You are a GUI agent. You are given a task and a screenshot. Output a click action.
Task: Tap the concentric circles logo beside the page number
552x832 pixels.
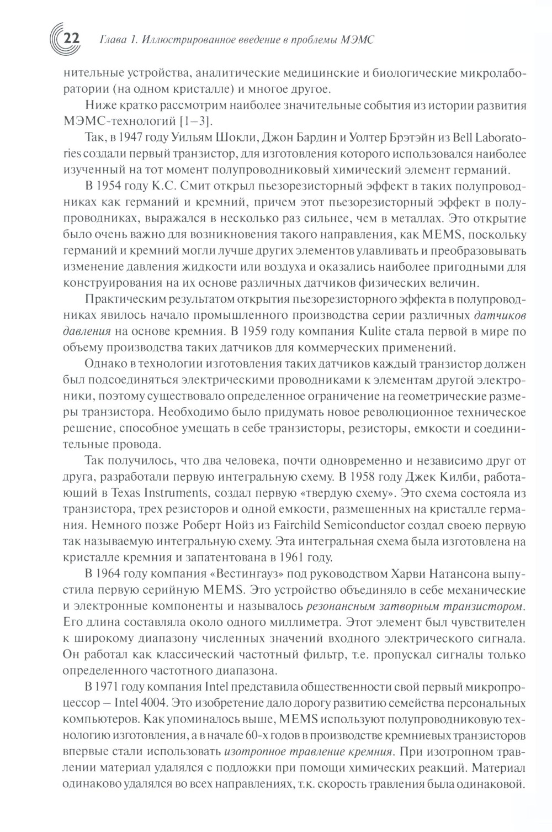point(56,39)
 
